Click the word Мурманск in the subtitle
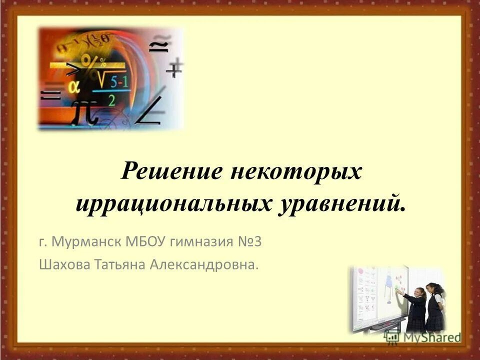(85, 243)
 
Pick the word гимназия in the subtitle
(201, 243)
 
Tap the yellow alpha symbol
(73, 86)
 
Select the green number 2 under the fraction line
(112, 99)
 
